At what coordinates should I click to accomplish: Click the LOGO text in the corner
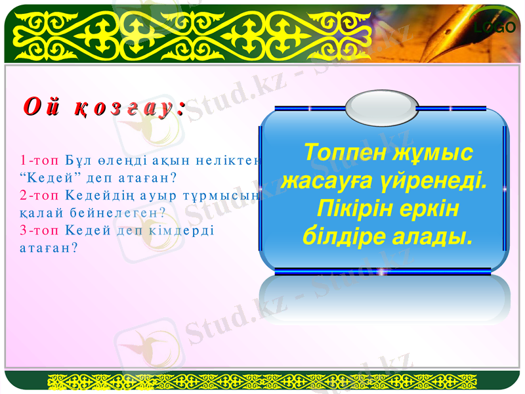tap(495, 28)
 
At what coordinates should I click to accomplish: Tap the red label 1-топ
tap(33, 161)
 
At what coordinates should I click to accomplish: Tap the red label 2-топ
tap(33, 196)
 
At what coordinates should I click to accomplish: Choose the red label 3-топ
tap(33, 230)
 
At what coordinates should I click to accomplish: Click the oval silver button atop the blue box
tap(381, 107)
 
